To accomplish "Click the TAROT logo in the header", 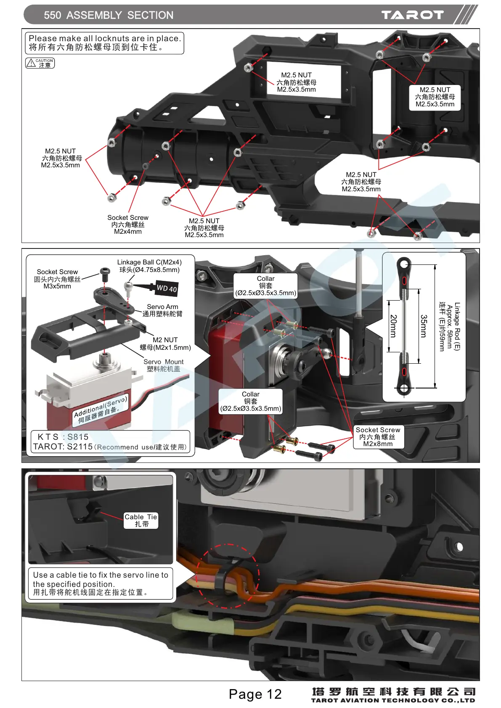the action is (412, 15).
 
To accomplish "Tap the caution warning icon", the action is (40, 63).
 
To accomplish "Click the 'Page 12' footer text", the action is (255, 694).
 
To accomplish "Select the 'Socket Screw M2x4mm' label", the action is (128, 225).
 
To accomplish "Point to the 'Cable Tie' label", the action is (141, 520).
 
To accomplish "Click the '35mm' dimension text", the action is (424, 326).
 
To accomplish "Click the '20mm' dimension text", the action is (393, 326).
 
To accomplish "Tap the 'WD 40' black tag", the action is (167, 288).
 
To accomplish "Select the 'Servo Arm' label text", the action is (162, 310).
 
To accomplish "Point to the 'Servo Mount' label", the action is (163, 365).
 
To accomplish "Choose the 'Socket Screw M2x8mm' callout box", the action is (378, 437).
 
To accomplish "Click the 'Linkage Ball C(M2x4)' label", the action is (149, 266).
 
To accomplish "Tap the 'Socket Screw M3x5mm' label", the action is (57, 279).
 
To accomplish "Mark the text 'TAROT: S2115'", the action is (63, 446).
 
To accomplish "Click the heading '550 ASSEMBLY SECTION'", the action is (109, 16).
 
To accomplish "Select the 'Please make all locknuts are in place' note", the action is (104, 43).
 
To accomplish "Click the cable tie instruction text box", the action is (101, 584).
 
